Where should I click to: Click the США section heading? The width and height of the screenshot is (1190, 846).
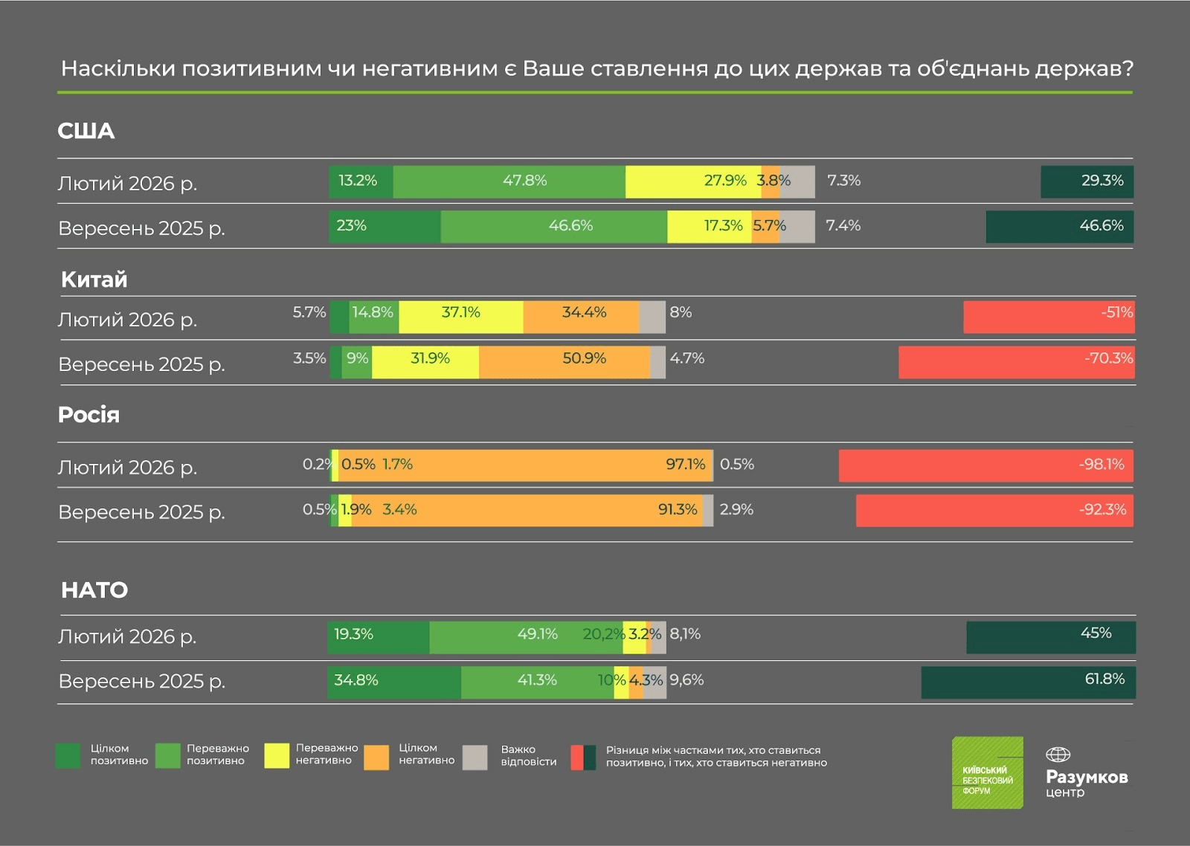pos(86,131)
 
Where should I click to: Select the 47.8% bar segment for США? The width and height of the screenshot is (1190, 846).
pos(509,182)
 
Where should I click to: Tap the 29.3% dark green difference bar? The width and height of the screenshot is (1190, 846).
pos(1087,182)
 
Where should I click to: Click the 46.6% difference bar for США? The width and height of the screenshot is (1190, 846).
pos(1059,227)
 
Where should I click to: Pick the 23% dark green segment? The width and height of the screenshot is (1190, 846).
pos(385,227)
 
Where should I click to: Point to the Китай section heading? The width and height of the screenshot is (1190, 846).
pos(94,280)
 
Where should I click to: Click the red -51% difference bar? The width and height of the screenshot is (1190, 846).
pos(1049,317)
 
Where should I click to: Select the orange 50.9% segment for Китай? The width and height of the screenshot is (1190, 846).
pos(565,362)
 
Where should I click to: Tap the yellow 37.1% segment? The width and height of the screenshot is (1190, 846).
pos(461,317)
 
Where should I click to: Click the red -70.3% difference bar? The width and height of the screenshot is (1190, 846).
pos(1016,362)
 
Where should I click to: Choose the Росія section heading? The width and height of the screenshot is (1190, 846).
pos(89,415)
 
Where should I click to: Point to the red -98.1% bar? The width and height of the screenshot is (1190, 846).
pos(985,465)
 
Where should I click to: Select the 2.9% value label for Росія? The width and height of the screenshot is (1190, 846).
pos(736,510)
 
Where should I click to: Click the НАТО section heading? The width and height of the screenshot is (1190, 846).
pos(94,590)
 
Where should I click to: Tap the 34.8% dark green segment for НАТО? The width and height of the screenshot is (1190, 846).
pos(394,682)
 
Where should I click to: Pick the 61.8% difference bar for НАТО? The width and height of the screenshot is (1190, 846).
pos(1028,682)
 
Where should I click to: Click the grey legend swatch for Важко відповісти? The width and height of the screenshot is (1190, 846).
pos(475,757)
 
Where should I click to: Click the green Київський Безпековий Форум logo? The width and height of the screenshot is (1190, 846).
pos(988,773)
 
